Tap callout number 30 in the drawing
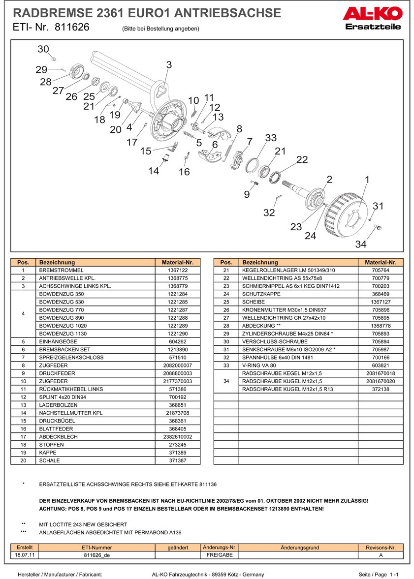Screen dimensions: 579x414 (x=43, y=49)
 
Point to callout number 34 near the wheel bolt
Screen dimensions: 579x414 (x=361, y=244)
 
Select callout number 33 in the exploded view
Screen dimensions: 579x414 (x=271, y=138)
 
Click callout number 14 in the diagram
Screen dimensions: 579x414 (x=154, y=171)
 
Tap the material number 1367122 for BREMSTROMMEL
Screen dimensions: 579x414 (x=178, y=270)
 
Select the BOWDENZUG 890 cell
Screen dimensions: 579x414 (x=96, y=317)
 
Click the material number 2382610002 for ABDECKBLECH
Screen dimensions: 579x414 (x=178, y=436)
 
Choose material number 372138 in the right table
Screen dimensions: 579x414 (x=381, y=389)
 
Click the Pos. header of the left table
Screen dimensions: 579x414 (x=23, y=262)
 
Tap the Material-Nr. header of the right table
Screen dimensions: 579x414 (x=381, y=262)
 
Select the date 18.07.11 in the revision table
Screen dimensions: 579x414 (x=25, y=554)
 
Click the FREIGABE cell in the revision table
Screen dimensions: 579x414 (x=220, y=554)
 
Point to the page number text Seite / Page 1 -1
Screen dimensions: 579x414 (x=378, y=574)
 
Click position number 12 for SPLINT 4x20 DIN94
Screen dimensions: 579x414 (x=23, y=396)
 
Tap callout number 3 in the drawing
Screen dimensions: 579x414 (x=169, y=64)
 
